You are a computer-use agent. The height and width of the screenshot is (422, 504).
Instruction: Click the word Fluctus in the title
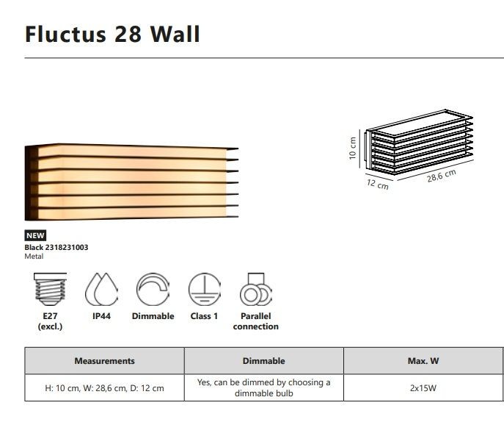[x=65, y=34]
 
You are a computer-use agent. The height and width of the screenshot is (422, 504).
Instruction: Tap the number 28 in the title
[x=128, y=34]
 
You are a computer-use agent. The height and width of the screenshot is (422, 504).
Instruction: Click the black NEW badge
[x=35, y=235]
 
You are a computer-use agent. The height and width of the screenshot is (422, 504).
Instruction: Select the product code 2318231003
[x=67, y=248]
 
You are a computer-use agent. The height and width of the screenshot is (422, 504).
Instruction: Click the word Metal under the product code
[x=34, y=257]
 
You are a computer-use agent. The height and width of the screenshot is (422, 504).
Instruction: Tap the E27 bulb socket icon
[x=50, y=289]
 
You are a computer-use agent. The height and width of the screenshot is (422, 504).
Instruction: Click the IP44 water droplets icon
[x=101, y=289]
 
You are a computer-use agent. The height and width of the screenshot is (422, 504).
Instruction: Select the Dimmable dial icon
[x=153, y=289]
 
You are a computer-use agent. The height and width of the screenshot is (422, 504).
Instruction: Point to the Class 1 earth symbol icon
[x=205, y=289]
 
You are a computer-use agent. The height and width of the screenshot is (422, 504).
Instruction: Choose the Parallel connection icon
[x=256, y=289]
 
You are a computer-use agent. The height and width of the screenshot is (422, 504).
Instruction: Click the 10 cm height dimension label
[x=353, y=148]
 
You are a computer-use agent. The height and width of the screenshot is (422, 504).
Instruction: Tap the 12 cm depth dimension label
[x=377, y=185]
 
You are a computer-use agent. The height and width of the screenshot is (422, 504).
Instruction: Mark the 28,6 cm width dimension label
[x=442, y=176]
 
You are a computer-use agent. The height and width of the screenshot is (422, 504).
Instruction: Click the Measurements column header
[x=104, y=361]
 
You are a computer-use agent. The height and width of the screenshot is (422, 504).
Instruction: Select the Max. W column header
[x=423, y=361]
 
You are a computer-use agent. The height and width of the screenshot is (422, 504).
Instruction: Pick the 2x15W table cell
[x=423, y=388]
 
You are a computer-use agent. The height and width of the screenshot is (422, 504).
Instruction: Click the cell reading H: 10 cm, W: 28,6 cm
[x=104, y=388]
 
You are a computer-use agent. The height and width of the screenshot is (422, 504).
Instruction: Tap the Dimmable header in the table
[x=263, y=361]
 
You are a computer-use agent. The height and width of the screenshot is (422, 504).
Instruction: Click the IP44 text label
[x=101, y=316]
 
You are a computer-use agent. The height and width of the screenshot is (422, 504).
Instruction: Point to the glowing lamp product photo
[x=131, y=182]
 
